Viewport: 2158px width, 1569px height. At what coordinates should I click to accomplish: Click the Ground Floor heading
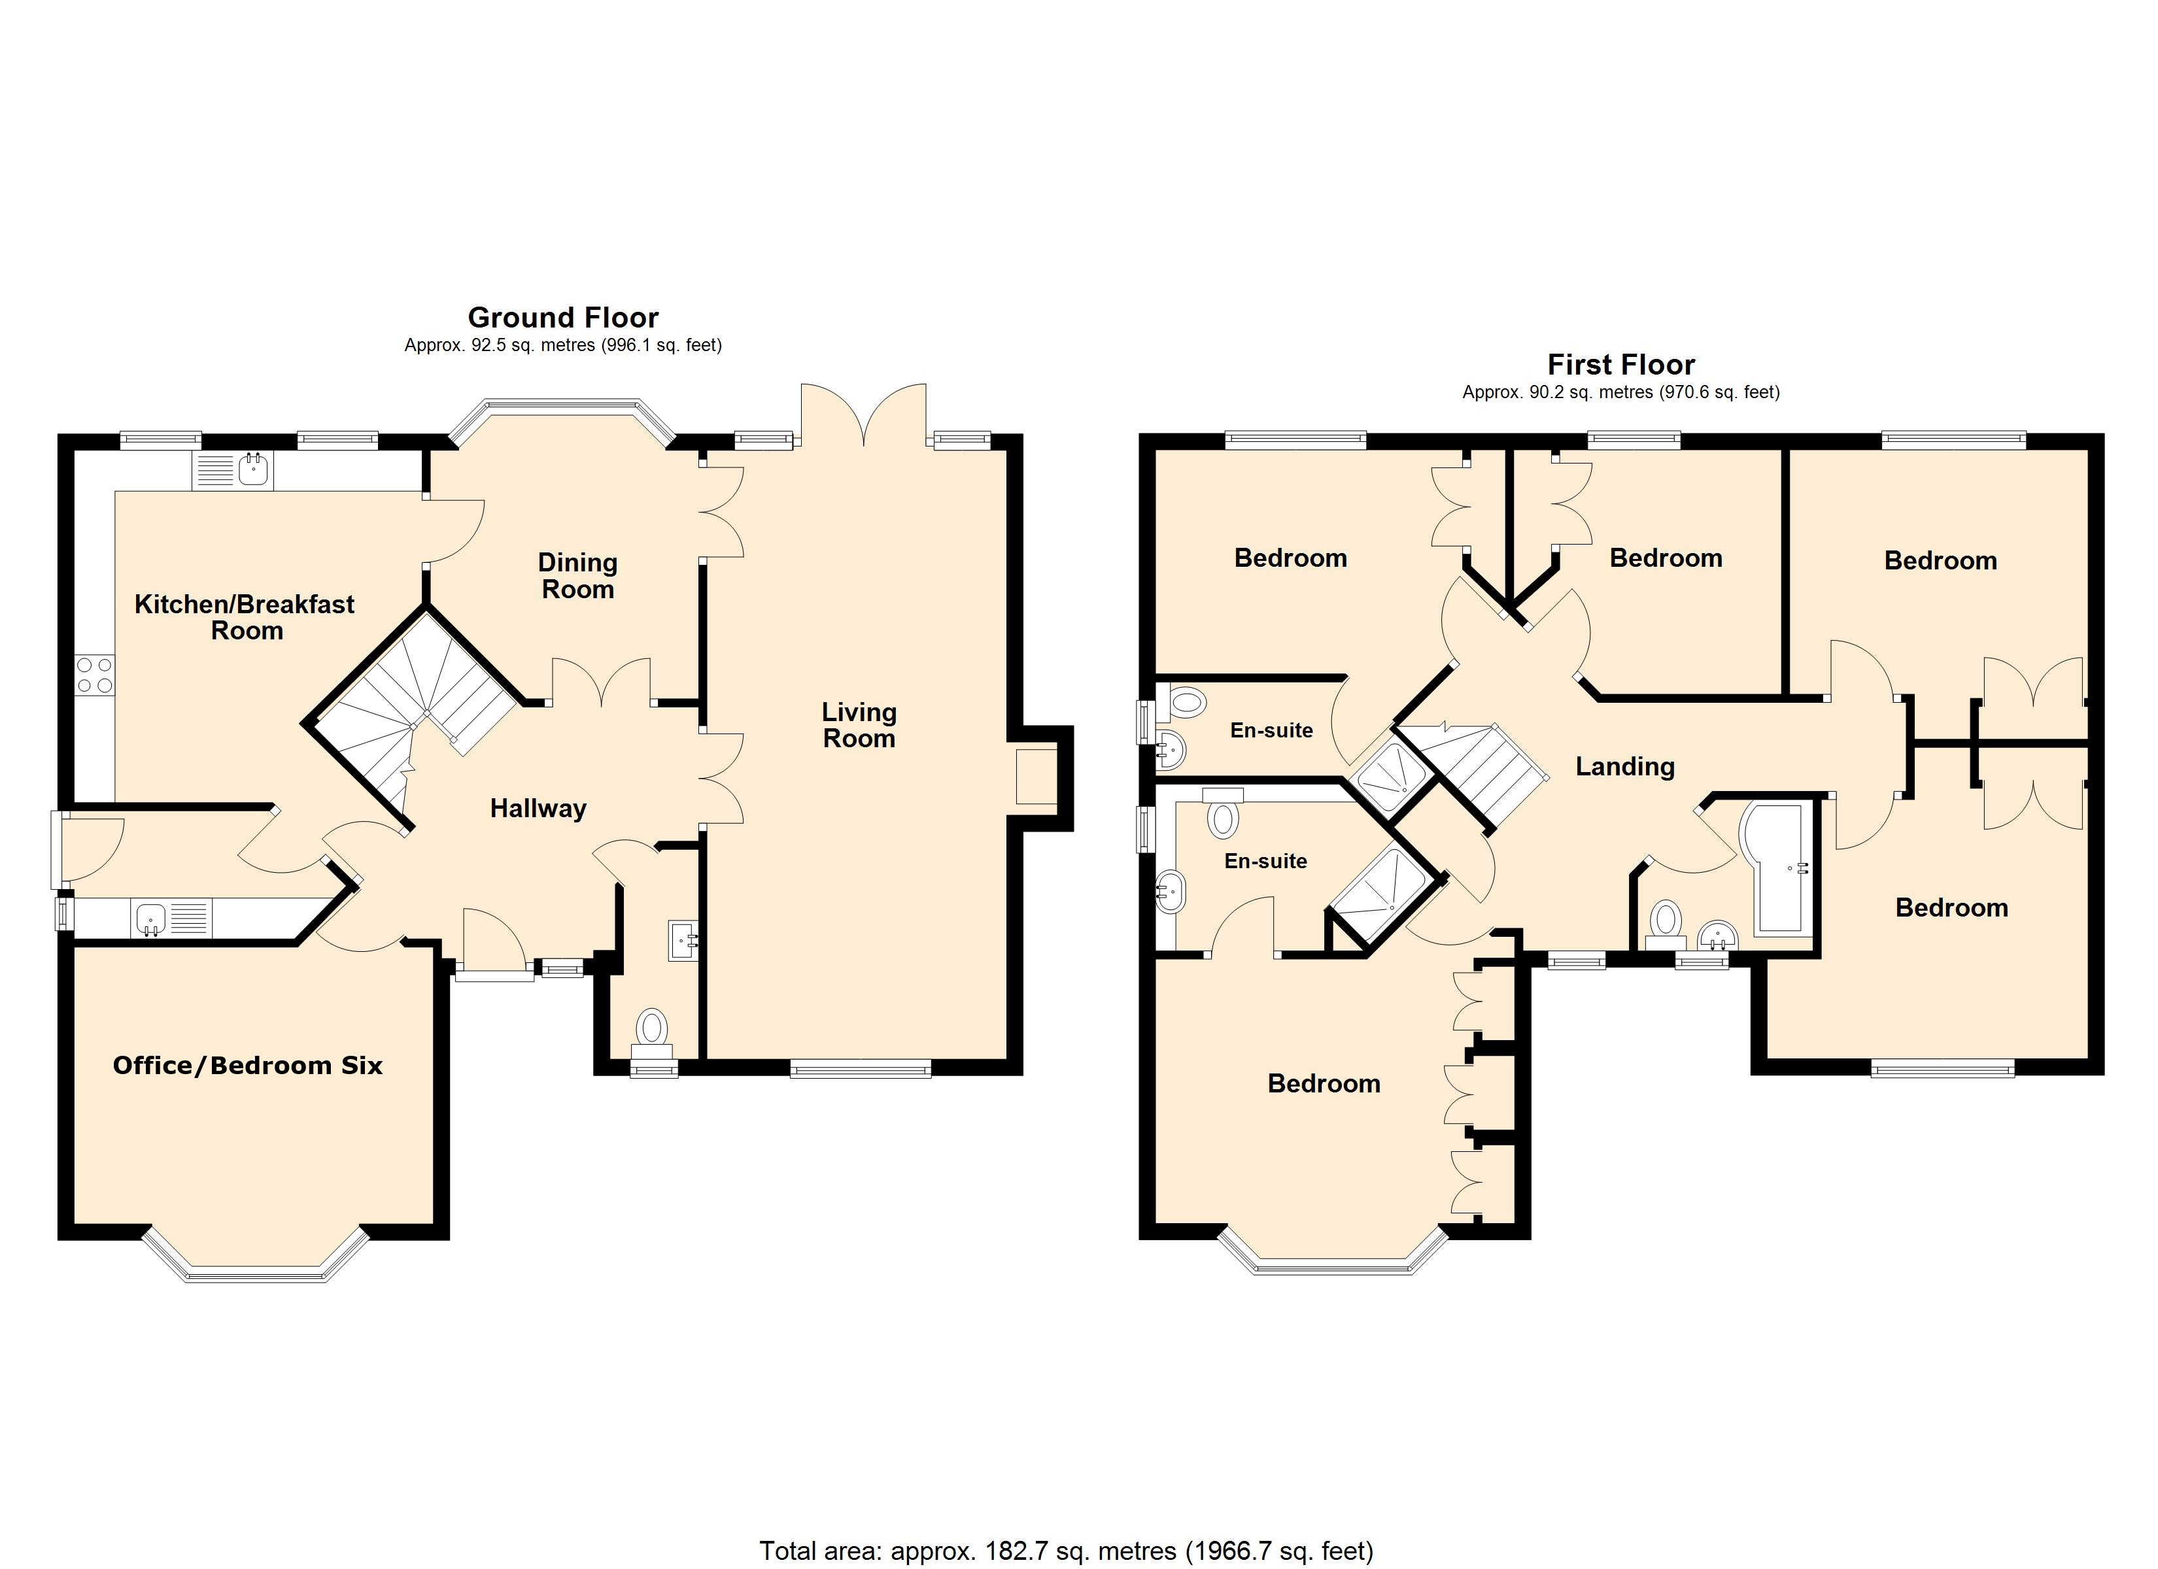[x=562, y=317]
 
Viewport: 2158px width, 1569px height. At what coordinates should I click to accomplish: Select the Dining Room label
[x=577, y=576]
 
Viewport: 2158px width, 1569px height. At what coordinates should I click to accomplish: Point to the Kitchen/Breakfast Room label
[x=245, y=616]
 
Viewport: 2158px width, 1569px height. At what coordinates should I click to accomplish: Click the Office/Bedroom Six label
[x=247, y=1066]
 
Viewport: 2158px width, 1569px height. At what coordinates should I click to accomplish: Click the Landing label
[x=1624, y=766]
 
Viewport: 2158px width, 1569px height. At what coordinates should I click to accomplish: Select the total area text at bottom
[x=1066, y=1551]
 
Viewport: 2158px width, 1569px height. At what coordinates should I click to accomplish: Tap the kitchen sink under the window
[x=232, y=470]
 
